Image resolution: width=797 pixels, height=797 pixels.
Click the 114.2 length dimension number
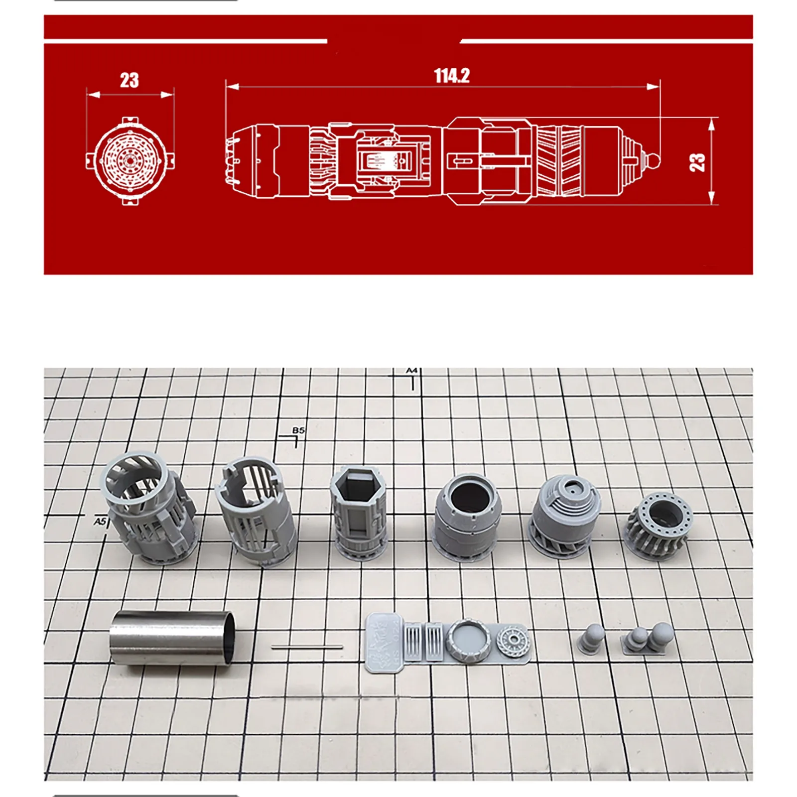click(x=452, y=76)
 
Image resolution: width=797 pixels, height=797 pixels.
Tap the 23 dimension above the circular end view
click(x=130, y=80)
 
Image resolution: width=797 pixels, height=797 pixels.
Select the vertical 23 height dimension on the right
click(x=697, y=162)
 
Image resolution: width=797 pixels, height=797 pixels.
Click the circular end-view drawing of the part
click(x=130, y=161)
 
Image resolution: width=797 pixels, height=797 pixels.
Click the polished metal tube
click(x=172, y=638)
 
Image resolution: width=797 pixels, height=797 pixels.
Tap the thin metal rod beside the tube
click(x=307, y=648)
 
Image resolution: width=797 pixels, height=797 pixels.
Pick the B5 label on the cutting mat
click(x=298, y=430)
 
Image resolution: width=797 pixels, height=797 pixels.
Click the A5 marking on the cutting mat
click(x=100, y=522)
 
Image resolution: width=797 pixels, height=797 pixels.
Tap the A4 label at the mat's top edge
click(x=411, y=371)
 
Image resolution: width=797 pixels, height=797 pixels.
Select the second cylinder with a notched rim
click(x=256, y=511)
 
